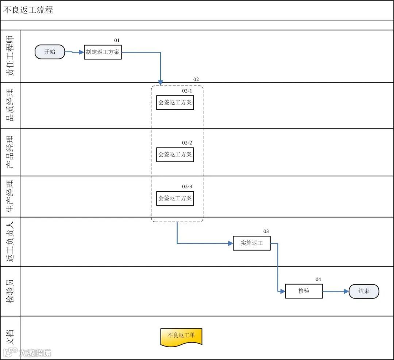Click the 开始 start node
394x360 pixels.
50,52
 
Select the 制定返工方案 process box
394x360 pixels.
103,52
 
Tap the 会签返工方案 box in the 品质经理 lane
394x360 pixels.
175,102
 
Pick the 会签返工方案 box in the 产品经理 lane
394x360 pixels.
175,154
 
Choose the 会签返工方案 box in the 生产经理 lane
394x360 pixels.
175,199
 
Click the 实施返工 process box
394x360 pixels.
252,243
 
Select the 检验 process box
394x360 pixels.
304,291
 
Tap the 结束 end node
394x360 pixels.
364,291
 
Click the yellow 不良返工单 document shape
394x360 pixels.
181,336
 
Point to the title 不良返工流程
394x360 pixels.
28,10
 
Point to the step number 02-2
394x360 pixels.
187,143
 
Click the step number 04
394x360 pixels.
318,279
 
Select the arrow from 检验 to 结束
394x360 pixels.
336,291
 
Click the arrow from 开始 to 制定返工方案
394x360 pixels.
75,52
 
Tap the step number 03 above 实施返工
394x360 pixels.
266,231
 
